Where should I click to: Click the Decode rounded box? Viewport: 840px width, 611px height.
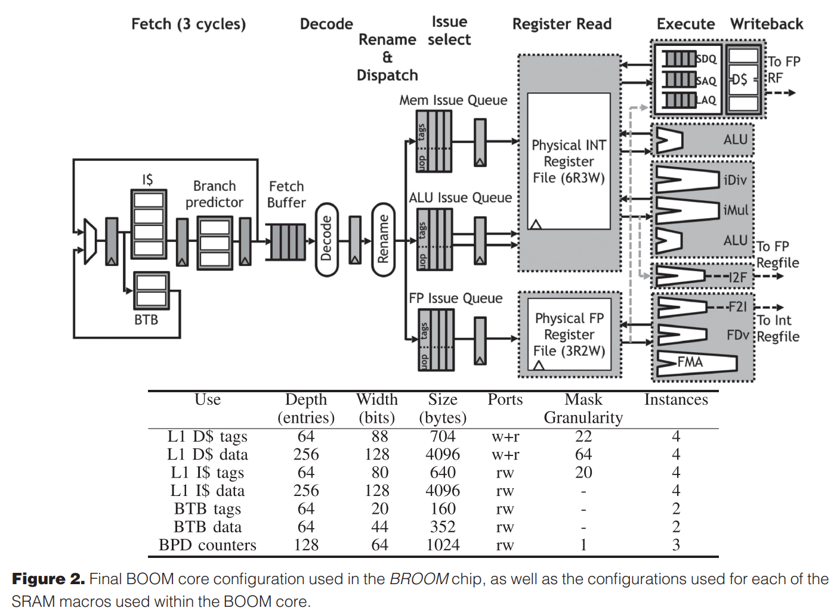(x=326, y=239)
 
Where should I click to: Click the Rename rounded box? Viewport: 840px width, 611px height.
(x=383, y=239)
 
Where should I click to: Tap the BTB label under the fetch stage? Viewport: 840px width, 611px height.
(x=146, y=320)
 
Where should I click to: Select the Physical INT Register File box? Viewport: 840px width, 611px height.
(x=569, y=161)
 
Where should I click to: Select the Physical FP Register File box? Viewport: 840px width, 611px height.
(x=569, y=334)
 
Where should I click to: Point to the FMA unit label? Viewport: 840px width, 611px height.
(x=690, y=362)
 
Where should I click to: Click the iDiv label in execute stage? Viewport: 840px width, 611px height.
(x=734, y=180)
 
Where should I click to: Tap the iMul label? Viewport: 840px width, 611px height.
(x=735, y=210)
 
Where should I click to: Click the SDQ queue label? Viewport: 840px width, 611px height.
(x=706, y=59)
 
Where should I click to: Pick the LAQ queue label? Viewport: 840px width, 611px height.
(x=706, y=100)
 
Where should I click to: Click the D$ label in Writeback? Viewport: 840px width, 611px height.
(x=739, y=79)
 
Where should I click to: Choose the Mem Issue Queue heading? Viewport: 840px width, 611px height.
(x=453, y=100)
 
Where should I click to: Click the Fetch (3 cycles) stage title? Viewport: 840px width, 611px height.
(x=189, y=24)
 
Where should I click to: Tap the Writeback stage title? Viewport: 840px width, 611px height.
(x=767, y=24)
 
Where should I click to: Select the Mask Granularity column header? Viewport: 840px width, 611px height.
(x=583, y=408)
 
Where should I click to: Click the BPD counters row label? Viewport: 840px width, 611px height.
(x=207, y=545)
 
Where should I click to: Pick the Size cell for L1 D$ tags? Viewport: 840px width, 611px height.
(x=443, y=436)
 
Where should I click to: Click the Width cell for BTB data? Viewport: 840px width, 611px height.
(x=379, y=527)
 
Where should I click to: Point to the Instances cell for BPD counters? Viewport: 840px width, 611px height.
(x=676, y=545)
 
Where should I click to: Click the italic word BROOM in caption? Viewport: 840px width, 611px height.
(x=419, y=579)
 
